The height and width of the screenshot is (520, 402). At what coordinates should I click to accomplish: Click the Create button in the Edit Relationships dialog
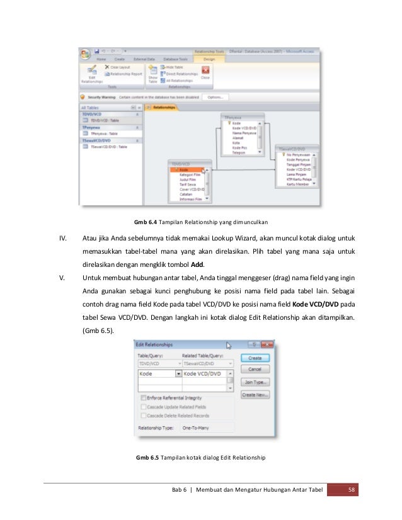[255, 358]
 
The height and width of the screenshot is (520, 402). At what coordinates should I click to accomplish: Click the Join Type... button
[255, 382]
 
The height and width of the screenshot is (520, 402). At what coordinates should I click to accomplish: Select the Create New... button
[255, 395]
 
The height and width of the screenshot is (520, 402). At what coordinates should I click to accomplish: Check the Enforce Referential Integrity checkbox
[144, 398]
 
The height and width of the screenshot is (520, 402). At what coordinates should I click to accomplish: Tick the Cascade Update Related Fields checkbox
[144, 407]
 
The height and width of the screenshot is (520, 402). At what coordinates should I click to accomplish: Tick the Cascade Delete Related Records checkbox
[144, 415]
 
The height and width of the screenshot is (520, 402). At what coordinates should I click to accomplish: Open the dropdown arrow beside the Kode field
[178, 373]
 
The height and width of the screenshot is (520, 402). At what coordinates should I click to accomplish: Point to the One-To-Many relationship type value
[196, 427]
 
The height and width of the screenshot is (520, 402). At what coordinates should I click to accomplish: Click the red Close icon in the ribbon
[205, 71]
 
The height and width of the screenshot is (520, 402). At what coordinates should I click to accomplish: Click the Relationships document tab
[163, 108]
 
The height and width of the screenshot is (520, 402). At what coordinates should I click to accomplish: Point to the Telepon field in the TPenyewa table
[239, 152]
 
